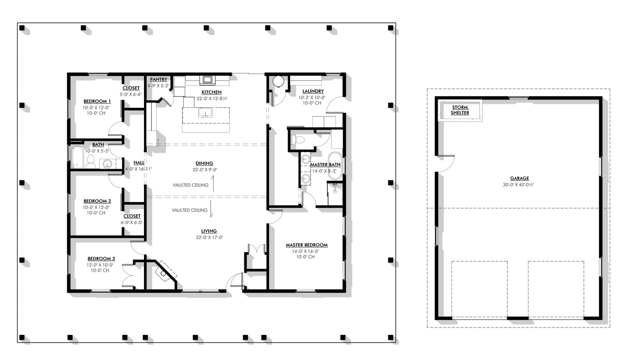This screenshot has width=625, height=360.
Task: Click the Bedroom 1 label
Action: (x=97, y=101)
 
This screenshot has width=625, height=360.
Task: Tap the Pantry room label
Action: (x=158, y=80)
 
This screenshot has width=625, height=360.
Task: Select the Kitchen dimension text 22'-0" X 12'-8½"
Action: (x=212, y=99)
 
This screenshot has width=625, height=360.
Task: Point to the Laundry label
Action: (x=313, y=91)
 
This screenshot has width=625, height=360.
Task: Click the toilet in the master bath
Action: (x=299, y=140)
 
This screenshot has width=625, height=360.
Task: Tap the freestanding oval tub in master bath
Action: (x=335, y=165)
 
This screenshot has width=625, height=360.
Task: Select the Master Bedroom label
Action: (x=306, y=245)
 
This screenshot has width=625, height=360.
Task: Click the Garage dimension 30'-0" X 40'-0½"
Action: (x=519, y=184)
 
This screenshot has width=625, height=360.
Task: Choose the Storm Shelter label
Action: (x=460, y=110)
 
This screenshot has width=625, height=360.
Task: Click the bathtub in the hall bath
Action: (x=77, y=157)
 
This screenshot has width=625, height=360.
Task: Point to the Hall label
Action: (x=139, y=163)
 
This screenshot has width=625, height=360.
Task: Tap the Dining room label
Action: (x=204, y=163)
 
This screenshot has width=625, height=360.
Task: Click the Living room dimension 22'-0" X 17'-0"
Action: (x=208, y=237)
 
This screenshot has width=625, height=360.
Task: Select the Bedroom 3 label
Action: (x=101, y=258)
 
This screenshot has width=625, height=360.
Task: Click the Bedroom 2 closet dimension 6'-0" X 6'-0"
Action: (x=131, y=222)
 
